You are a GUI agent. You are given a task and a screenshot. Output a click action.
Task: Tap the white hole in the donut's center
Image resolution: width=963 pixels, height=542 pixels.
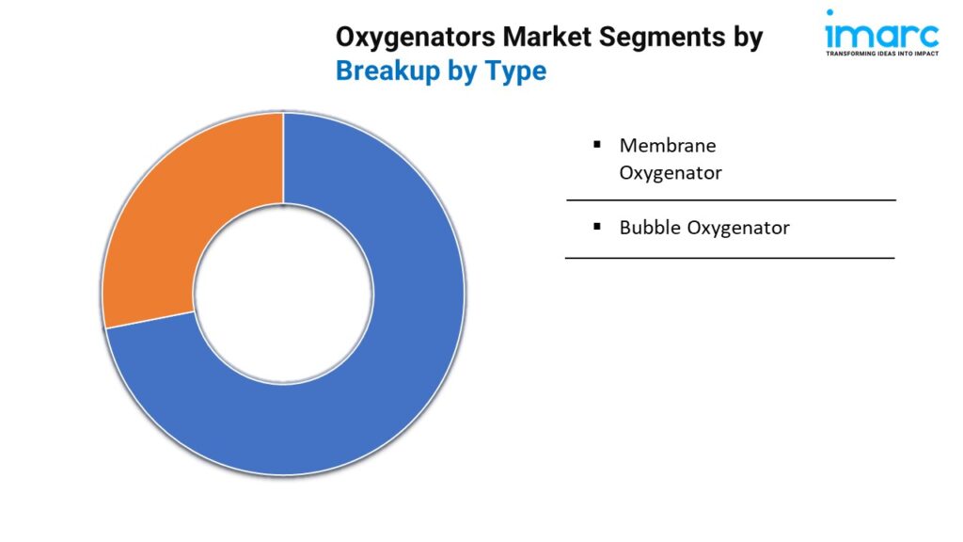tap(283, 294)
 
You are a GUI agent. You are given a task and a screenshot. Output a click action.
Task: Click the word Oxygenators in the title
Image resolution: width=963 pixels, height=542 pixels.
tap(416, 38)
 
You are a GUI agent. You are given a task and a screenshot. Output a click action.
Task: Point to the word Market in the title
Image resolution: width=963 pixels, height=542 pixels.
tap(548, 37)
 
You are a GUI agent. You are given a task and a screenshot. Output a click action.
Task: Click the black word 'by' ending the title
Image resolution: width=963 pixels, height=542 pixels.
tap(748, 38)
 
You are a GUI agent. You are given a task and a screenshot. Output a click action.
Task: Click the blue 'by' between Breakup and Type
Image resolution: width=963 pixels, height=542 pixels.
tap(463, 72)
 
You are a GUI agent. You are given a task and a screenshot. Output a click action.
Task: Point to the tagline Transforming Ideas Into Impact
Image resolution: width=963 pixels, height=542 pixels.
tap(882, 54)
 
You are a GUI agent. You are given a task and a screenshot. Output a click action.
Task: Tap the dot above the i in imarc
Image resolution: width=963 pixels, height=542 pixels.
tap(830, 12)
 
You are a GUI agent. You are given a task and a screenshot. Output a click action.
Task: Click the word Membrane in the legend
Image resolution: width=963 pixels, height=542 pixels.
tap(668, 146)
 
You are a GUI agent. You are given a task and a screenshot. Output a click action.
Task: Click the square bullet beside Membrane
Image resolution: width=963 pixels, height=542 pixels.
tap(597, 144)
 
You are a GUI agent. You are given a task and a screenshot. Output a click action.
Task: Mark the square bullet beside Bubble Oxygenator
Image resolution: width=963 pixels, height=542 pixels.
tap(597, 227)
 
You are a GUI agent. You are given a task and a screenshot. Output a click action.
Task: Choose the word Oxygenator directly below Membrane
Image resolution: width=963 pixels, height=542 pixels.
tap(671, 173)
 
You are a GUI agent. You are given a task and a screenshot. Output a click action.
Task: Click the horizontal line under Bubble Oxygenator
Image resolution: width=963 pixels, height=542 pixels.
tap(730, 258)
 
